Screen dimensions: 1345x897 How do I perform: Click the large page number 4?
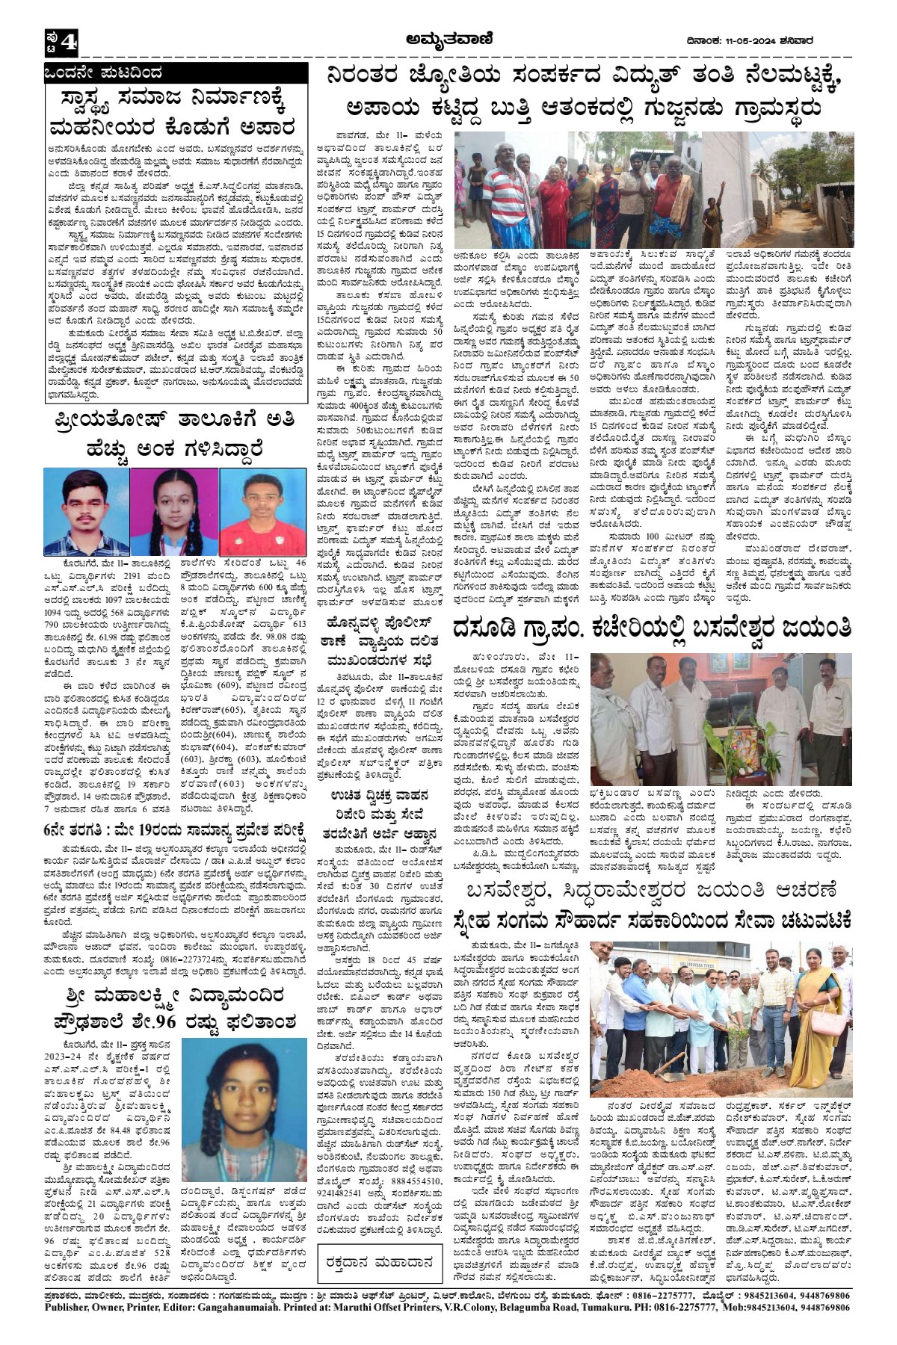69,43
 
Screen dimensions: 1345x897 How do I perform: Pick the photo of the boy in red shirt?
263,511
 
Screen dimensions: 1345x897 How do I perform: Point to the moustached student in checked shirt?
86,511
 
